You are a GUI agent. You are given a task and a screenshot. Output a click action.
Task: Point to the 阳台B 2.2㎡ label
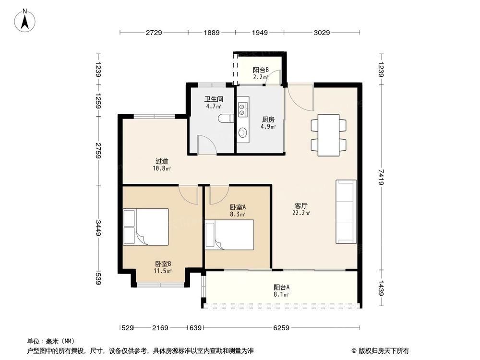[261, 73]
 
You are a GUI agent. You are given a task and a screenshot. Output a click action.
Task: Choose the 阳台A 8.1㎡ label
[281, 291]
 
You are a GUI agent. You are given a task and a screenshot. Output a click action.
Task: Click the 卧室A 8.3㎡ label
[238, 210]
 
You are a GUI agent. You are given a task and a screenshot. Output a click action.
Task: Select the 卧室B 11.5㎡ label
[163, 267]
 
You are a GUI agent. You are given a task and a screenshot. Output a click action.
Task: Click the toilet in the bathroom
[225, 119]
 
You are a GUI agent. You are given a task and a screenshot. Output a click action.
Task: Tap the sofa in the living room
[346, 211]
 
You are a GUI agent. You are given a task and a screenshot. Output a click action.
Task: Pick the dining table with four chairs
[329, 134]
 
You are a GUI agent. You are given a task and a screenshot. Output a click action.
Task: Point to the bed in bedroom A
[229, 235]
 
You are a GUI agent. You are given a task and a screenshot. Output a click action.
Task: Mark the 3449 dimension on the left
[98, 228]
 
